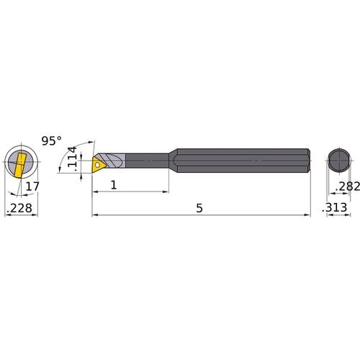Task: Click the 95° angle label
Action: coord(52,140)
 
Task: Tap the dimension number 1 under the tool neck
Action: coord(114,185)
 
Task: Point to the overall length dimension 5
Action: coord(199,207)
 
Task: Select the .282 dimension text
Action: coord(344,186)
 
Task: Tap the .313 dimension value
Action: coord(336,207)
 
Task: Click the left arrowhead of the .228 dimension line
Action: coord(6,214)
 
